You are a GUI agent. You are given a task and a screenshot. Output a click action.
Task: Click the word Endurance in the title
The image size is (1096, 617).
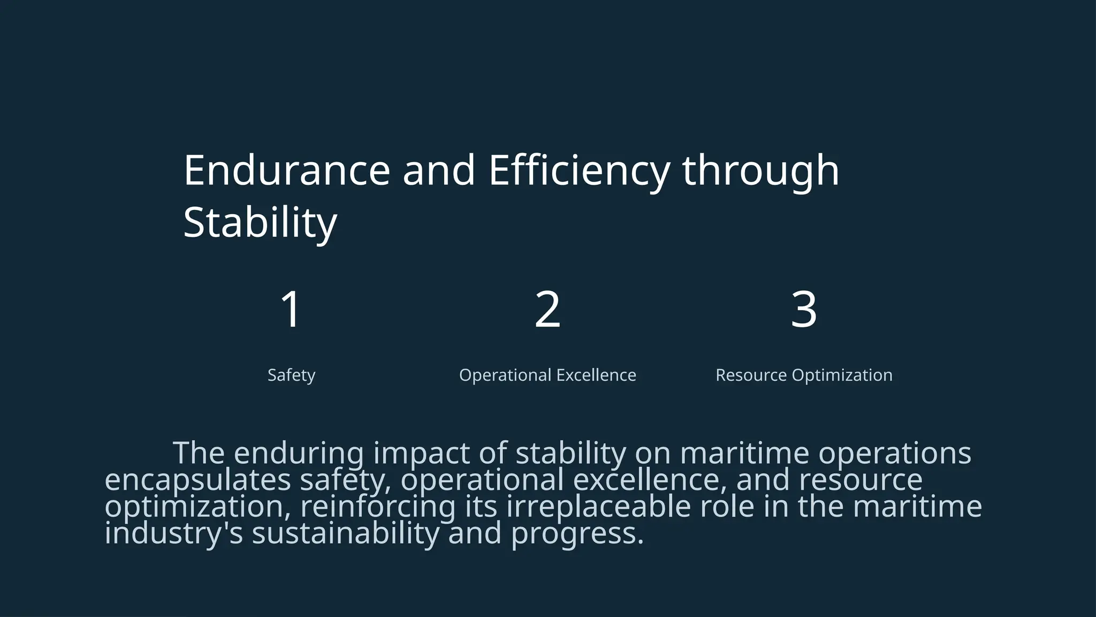coord(287,170)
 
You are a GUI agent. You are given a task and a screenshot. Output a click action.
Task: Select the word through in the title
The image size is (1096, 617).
coord(760,170)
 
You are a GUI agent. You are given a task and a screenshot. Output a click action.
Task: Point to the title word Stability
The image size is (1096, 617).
coord(260,223)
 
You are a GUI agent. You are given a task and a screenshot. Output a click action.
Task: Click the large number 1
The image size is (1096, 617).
coord(291,309)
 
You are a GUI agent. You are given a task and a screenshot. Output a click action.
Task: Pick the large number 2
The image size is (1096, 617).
coord(547,309)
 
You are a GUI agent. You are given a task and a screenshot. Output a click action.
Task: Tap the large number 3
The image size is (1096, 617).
coord(804,309)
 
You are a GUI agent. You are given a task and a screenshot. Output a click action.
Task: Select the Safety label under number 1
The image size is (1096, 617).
coord(291,375)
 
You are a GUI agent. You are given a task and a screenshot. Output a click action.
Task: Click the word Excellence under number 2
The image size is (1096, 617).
coord(596,375)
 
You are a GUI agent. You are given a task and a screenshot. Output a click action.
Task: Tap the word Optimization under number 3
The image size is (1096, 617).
coord(842,375)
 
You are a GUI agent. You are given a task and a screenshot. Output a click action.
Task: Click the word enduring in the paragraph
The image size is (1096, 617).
coord(299,453)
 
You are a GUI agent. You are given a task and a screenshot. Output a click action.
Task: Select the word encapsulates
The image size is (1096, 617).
coord(197,480)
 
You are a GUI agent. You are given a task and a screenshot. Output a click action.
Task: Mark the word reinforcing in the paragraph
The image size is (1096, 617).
coord(377,507)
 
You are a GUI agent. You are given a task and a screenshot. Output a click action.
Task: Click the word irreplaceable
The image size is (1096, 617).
coord(598,507)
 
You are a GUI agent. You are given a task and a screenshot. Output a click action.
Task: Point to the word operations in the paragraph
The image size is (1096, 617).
coord(894,453)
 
